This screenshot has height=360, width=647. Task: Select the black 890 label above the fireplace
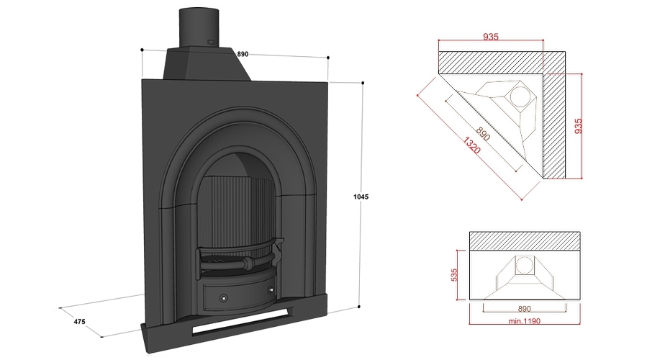coord(243,54)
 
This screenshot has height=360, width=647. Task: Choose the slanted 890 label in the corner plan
coord(481,134)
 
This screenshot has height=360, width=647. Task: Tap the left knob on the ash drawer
coord(223,297)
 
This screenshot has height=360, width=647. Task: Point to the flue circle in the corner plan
coord(520,97)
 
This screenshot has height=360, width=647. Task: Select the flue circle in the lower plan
coord(524,265)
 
